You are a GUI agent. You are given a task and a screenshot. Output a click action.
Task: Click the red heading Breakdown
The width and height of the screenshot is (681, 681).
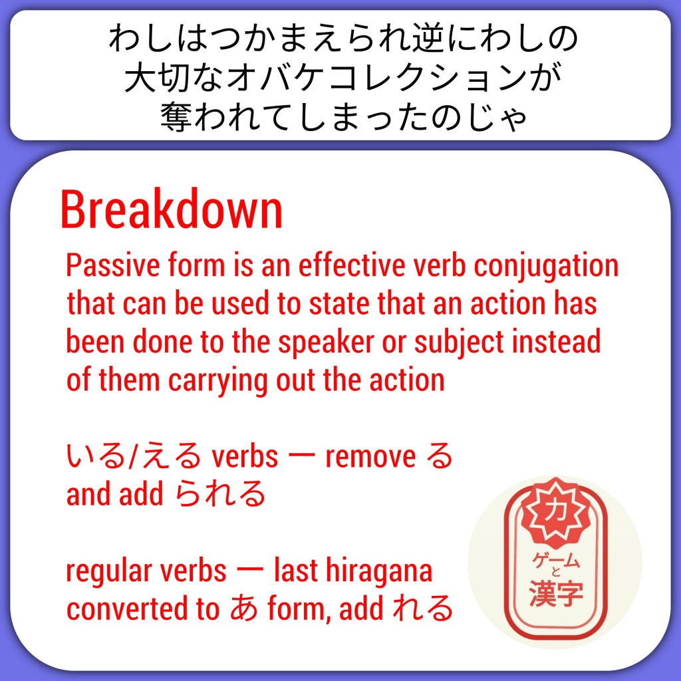172,209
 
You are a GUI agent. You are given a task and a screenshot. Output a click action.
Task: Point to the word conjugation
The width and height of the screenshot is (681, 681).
546,267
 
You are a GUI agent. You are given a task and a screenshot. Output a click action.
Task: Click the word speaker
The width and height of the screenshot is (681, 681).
326,343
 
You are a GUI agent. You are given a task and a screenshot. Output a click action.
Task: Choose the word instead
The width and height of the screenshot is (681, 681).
557,341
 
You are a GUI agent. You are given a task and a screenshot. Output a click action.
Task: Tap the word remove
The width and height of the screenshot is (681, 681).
370,458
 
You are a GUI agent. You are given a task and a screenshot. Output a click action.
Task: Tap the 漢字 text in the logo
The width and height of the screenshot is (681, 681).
556,594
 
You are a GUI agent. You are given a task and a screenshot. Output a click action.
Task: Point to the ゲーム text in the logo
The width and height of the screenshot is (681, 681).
556,560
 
